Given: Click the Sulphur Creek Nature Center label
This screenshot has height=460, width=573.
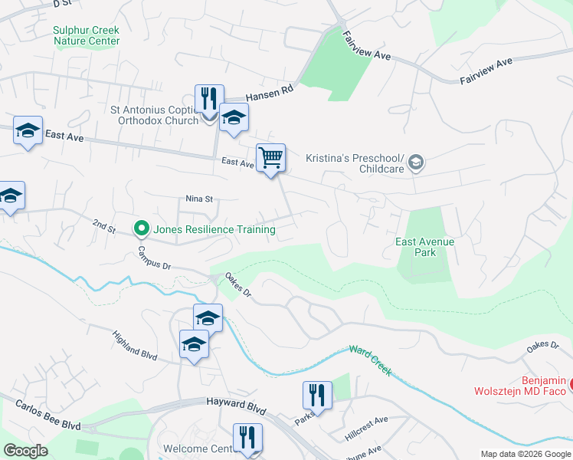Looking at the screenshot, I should click(87, 35).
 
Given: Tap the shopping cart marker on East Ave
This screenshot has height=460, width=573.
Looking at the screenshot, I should click(271, 158).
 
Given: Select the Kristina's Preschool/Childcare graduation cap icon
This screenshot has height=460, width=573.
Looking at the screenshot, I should click(416, 162).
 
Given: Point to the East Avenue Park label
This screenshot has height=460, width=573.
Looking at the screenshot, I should click(424, 247).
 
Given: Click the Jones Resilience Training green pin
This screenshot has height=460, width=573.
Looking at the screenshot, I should click(141, 228).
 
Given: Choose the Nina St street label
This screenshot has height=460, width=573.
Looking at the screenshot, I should click(198, 199).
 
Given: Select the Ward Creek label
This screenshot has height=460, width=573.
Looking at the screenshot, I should click(370, 361).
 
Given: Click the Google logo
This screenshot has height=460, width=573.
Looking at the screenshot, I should click(26, 451).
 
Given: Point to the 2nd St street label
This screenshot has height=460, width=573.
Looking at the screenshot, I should click(103, 228).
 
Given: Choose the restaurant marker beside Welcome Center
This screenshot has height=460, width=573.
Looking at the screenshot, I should click(247, 438).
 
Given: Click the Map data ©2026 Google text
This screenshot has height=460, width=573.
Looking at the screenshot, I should click(526, 454).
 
